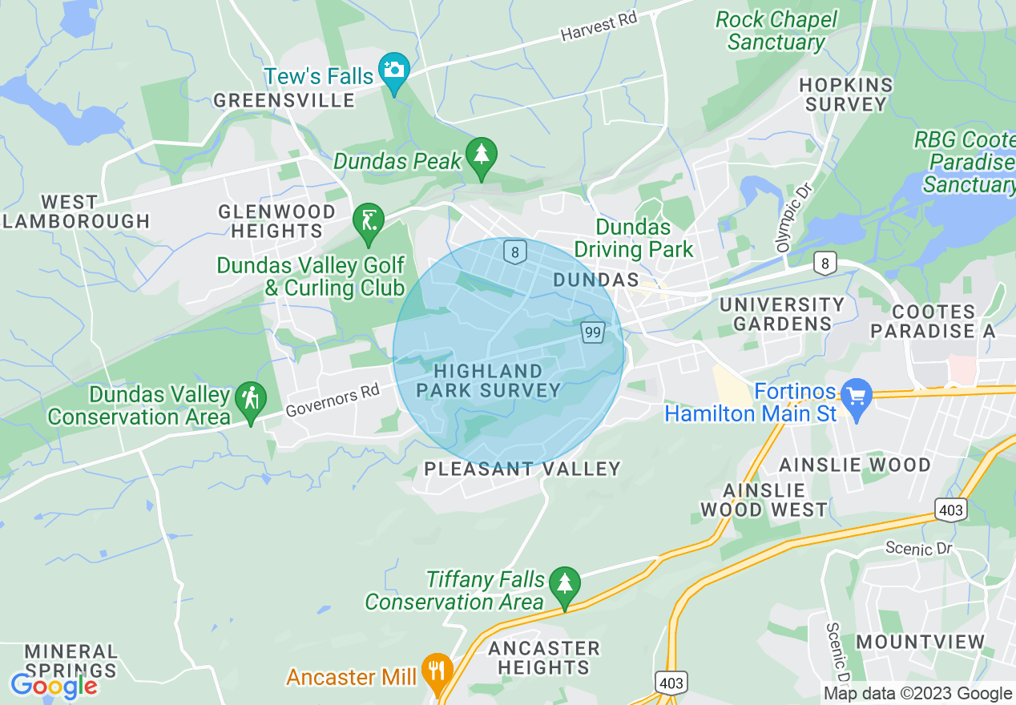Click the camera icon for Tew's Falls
click(x=393, y=70)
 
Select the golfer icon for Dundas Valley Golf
click(x=369, y=218)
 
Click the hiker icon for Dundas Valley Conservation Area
click(x=251, y=397)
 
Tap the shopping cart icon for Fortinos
click(x=857, y=394)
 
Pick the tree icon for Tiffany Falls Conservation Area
click(x=566, y=582)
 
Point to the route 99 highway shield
click(x=592, y=332)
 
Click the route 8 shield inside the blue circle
click(x=514, y=252)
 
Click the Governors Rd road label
click(x=332, y=401)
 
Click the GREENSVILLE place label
click(x=284, y=100)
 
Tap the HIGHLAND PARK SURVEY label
click(x=487, y=381)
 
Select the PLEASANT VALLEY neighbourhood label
click(x=522, y=469)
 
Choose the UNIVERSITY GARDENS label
click(x=782, y=314)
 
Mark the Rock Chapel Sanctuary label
click(x=776, y=30)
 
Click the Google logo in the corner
click(x=53, y=686)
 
